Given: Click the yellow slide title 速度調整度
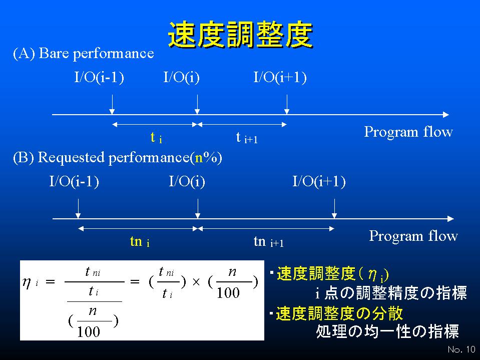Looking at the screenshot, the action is click(241, 35).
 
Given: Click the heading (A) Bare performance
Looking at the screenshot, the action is click(83, 53).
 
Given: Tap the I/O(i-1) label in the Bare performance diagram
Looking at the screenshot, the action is click(99, 77).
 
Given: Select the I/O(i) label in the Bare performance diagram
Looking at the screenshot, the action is click(182, 77).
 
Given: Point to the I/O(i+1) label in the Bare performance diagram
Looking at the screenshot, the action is click(280, 77).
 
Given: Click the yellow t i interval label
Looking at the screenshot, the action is click(156, 138).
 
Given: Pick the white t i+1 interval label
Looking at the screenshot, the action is click(247, 138).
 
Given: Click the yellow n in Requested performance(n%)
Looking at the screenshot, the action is click(199, 158).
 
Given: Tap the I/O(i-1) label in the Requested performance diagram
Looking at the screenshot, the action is click(74, 182).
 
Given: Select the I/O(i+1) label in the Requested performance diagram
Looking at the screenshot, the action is click(319, 182).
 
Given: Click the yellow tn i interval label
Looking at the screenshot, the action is click(140, 241).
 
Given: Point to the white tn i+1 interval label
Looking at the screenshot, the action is click(268, 241).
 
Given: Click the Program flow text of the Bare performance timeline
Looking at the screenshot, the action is click(408, 132).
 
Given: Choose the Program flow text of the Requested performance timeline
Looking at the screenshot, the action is click(413, 236).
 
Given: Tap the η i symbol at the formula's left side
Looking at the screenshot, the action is click(30, 282).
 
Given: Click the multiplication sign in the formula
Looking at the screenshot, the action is click(196, 282).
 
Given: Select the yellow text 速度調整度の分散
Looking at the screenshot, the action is click(339, 313).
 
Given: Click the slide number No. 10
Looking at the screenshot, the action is click(461, 349).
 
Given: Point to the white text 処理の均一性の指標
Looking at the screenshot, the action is click(387, 331).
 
